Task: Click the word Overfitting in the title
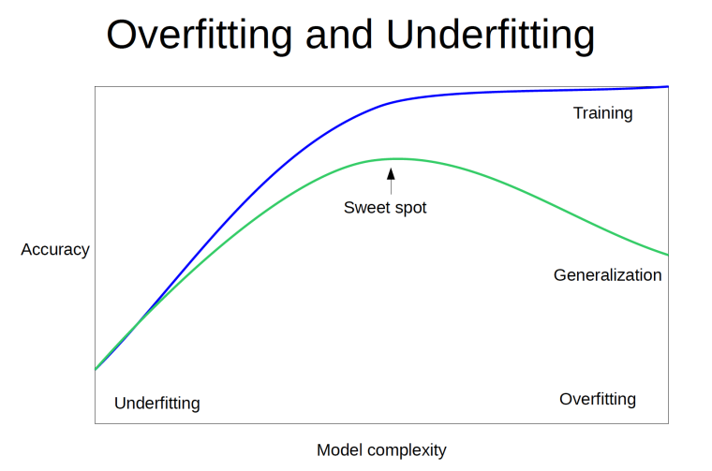tap(199, 36)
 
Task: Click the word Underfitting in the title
tap(490, 36)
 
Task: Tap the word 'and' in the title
tap(339, 36)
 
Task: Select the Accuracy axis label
tap(55, 250)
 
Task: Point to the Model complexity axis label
tap(381, 450)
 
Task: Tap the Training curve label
tap(602, 113)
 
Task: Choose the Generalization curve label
tap(608, 275)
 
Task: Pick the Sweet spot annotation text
tap(385, 208)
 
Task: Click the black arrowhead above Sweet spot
tap(391, 174)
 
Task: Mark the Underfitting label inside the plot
tap(157, 403)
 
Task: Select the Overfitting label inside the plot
tap(598, 399)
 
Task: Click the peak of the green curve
tap(398, 159)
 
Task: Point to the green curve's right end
tap(668, 255)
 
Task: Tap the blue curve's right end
tap(668, 86)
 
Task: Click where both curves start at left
tap(96, 369)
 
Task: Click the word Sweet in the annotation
tap(366, 207)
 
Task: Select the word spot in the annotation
tap(410, 209)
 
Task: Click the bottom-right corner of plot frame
tap(668, 423)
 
